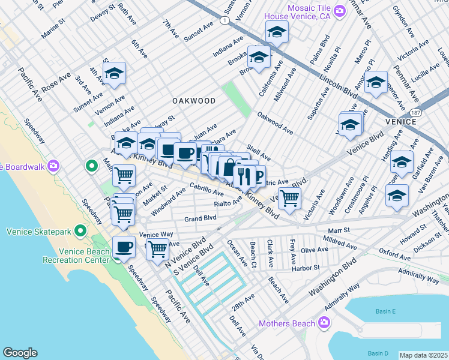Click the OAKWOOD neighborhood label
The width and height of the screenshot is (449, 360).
click(193, 101)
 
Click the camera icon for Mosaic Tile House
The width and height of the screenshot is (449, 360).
click(340, 11)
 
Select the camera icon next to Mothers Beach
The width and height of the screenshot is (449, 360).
click(324, 324)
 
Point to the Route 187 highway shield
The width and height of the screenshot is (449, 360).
click(415, 113)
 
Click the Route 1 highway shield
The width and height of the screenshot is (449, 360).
click(224, 20)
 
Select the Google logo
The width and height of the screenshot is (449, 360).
click(20, 352)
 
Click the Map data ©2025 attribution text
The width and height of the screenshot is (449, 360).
click(423, 355)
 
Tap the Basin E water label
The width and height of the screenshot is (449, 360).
click(385, 311)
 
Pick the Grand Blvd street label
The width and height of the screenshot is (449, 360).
click(200, 218)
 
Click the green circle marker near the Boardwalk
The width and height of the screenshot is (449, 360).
click(91, 165)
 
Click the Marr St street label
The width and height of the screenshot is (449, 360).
click(339, 230)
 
